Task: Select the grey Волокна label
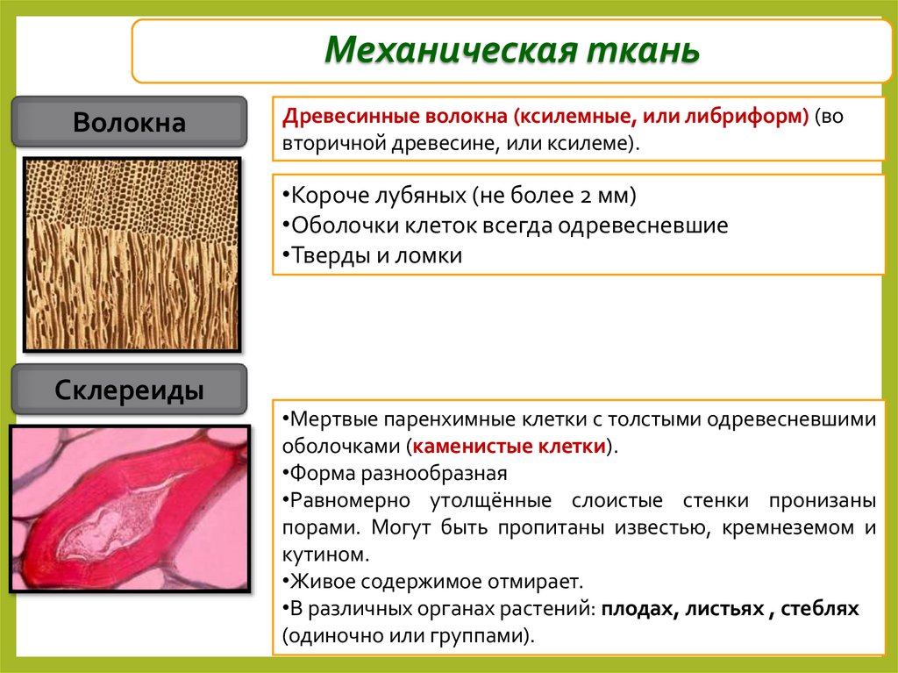(x=129, y=122)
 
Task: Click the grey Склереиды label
(x=129, y=390)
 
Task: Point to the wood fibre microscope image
(x=132, y=254)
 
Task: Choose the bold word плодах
(x=635, y=608)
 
